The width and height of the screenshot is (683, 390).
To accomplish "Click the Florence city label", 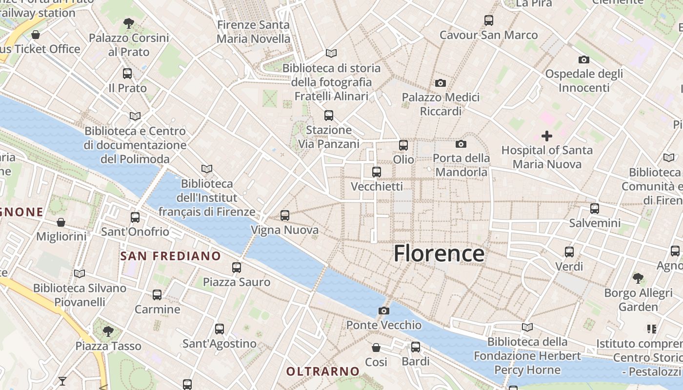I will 439,253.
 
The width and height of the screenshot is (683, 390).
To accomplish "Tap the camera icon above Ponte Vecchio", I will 384,311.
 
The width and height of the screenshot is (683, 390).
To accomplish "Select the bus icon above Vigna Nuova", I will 285,215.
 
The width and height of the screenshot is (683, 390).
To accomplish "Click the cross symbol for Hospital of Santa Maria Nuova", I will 547,136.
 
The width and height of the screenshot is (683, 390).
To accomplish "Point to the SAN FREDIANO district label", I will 171,256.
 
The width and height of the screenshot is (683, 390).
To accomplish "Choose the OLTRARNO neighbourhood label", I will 323,371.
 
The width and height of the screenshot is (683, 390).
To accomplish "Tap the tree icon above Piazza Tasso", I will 108,331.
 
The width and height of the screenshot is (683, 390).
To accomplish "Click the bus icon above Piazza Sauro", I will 237,267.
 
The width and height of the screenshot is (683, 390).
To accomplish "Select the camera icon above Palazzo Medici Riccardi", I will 441,83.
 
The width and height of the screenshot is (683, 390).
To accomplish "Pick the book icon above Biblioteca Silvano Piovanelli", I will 80,273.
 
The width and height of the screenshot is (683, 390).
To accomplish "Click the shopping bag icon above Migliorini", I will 61,222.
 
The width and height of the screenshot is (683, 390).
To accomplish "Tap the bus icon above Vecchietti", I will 377,172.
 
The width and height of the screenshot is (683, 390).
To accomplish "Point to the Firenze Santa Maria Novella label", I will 253,32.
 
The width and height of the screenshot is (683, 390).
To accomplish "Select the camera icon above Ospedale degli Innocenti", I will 583,59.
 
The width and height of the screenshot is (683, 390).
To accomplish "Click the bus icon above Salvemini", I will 595,209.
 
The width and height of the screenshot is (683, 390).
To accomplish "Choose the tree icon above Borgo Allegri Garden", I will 638,278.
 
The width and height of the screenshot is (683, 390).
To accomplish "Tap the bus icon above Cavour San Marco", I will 489,20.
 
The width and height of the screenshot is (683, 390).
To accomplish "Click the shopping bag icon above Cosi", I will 376,348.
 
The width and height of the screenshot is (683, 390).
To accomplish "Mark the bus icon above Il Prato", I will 127,74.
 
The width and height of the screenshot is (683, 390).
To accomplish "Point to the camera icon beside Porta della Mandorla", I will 461,144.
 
